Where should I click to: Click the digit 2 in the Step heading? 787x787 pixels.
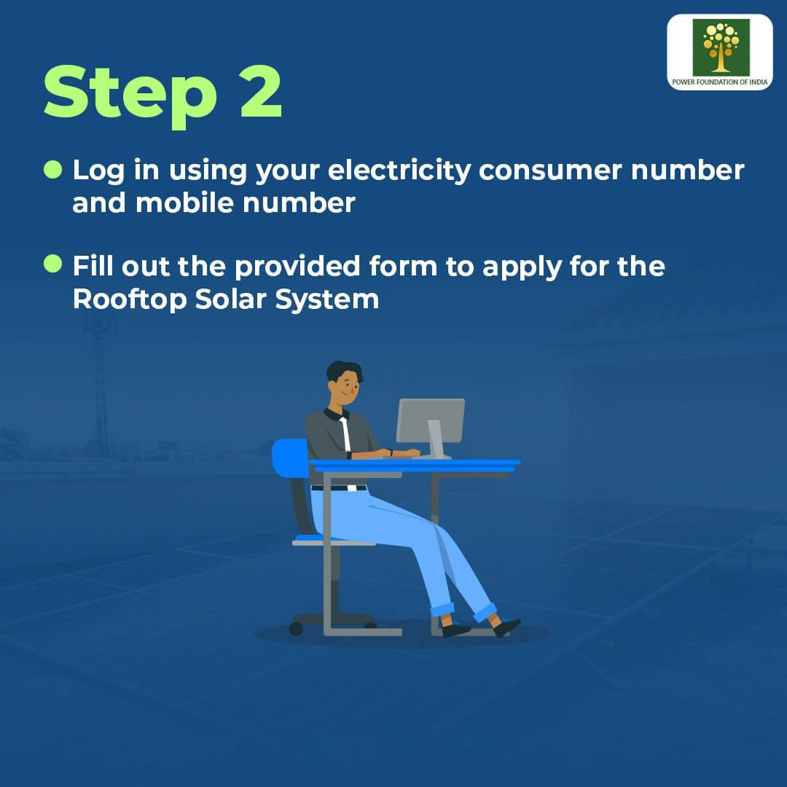point(261,93)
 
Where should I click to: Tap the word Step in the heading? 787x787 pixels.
point(130,96)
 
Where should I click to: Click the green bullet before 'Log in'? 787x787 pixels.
point(52,169)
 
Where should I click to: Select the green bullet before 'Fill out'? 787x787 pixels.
point(52,264)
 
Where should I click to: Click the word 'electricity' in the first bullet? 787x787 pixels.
point(399,171)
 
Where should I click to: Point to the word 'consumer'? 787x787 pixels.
point(550,171)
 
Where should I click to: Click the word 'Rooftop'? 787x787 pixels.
point(130,299)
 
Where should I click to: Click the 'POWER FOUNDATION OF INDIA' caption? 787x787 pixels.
point(720,82)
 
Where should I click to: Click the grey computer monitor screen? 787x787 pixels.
point(431,420)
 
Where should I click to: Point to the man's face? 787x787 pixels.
point(345,388)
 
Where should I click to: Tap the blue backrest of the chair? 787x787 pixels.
point(291,458)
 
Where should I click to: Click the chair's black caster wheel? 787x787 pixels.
point(296,628)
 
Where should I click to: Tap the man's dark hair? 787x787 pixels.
point(344,370)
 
